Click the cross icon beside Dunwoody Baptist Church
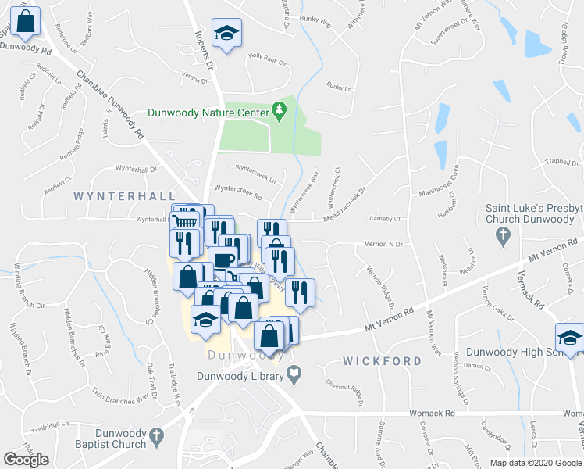click(x=155, y=434)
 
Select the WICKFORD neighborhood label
click(x=383, y=361)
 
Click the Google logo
click(x=27, y=460)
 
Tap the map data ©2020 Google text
click(x=536, y=463)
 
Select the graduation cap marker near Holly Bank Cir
click(x=227, y=34)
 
